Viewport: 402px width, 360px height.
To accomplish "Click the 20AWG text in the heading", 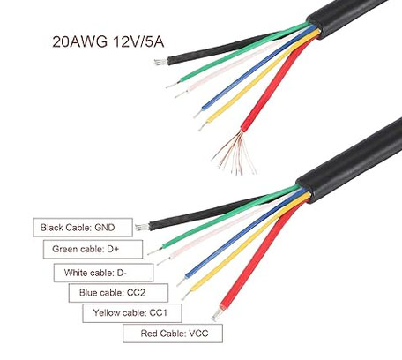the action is (79, 42).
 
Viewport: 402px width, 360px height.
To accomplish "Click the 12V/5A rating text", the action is (138, 42).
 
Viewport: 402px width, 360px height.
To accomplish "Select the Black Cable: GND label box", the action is (83, 228).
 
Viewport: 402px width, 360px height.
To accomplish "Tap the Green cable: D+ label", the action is (93, 249).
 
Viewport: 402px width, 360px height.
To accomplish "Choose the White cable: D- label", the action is (103, 273).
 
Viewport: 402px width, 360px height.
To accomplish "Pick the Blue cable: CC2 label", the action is (118, 293).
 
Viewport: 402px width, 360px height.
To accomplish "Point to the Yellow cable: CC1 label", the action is (132, 313).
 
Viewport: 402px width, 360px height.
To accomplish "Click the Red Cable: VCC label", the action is (173, 334).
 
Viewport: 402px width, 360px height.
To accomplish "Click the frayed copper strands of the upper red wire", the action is (234, 154).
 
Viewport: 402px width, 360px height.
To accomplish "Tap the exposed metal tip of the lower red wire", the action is (217, 315).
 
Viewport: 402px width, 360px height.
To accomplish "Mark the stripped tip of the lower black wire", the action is (142, 227).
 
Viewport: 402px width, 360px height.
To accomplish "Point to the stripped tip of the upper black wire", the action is (161, 62).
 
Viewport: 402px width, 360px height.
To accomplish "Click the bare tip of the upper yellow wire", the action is (203, 126).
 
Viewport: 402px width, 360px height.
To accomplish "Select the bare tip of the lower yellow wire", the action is (187, 294).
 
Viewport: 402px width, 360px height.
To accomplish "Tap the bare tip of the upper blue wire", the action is (198, 113).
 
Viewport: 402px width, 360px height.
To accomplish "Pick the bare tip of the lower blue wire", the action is (182, 281).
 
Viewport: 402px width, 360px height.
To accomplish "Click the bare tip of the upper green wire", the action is (173, 85).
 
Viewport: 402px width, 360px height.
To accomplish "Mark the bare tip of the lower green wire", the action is (155, 251).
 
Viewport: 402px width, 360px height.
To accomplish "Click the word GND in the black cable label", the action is (105, 228).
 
